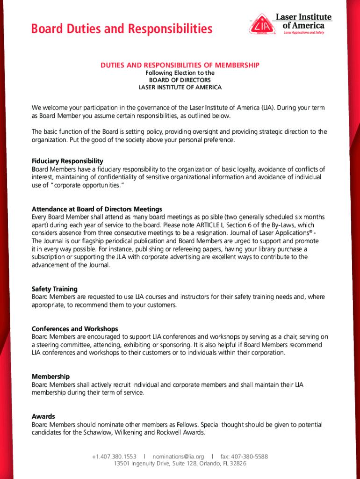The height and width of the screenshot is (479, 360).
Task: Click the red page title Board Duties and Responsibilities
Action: [122, 29]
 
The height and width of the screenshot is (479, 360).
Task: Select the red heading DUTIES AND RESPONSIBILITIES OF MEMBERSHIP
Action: [180, 65]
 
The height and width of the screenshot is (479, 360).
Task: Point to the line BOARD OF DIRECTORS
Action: [180, 80]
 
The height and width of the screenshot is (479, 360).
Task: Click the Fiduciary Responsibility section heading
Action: [67, 161]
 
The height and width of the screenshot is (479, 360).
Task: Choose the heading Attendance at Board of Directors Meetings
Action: [97, 209]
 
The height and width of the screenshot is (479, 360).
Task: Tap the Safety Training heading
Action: [55, 289]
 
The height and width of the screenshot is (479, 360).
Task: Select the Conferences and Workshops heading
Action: [75, 329]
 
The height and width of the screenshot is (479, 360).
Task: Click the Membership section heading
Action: [50, 377]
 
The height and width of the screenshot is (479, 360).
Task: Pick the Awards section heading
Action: [43, 416]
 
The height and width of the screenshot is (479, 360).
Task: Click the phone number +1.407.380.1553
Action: [114, 457]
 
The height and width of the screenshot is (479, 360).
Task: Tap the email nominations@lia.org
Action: [178, 457]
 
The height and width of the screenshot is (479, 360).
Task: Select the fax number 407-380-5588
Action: [244, 457]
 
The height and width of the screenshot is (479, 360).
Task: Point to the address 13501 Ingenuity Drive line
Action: [180, 464]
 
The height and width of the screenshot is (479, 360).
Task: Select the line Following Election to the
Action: [180, 73]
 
